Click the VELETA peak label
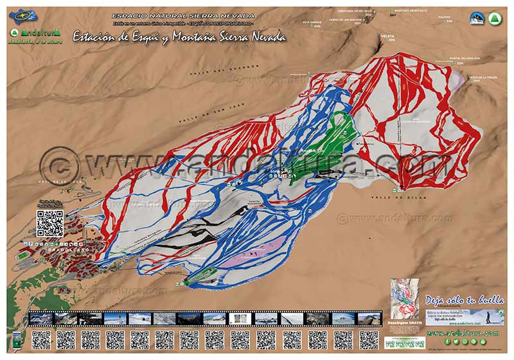(x=387, y=37)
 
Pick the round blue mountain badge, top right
(x=476, y=19)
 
